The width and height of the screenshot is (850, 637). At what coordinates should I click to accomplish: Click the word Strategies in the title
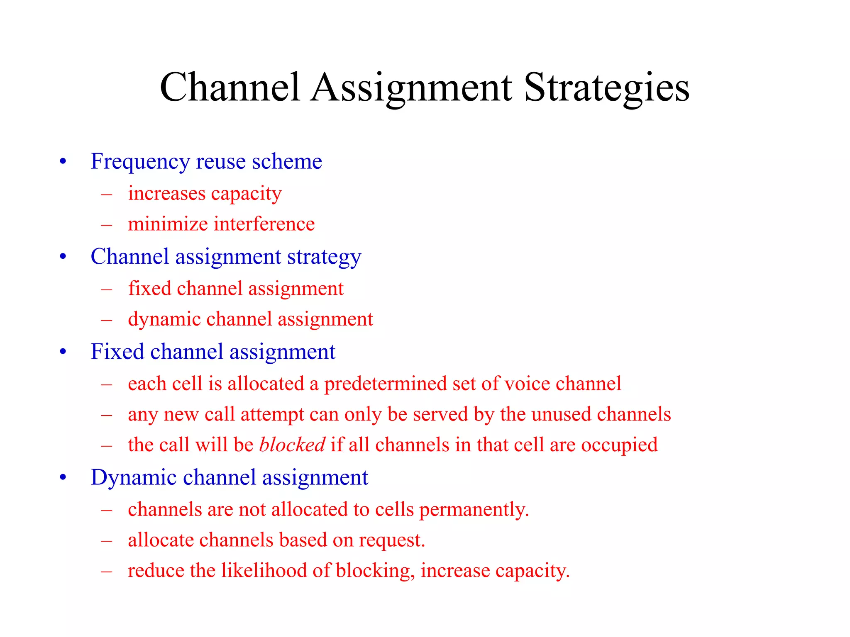pos(606,88)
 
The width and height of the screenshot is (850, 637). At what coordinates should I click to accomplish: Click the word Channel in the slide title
pos(230,88)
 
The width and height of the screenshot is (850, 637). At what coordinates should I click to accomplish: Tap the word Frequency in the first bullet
pos(140,162)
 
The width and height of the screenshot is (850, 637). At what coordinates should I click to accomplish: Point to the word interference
pos(264,224)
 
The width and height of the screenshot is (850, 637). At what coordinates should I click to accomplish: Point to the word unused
pos(561,414)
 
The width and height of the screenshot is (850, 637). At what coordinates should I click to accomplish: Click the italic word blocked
pos(292,445)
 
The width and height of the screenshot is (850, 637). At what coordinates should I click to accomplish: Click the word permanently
pos(474,510)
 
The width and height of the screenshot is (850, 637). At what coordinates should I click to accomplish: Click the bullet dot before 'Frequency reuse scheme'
pos(63,162)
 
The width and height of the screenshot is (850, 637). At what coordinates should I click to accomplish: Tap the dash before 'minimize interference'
pos(107,225)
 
